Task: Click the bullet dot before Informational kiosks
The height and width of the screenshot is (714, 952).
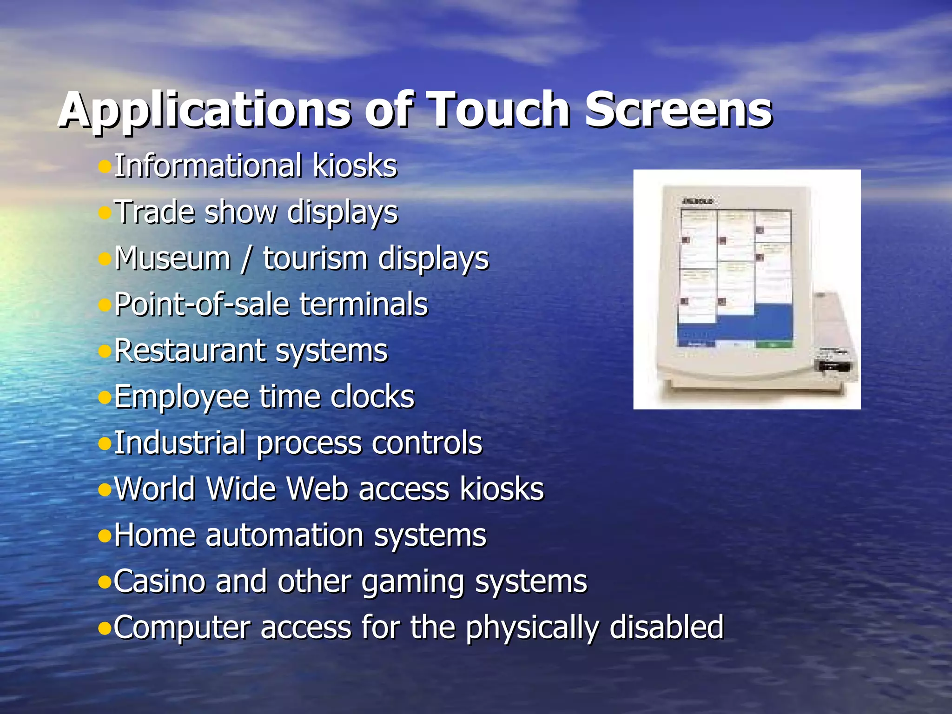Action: [105, 165]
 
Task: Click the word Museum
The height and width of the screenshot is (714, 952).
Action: [172, 258]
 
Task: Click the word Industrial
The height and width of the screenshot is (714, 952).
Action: [179, 443]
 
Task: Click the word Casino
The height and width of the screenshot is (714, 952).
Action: [158, 582]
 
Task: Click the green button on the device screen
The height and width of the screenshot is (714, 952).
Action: [773, 344]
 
